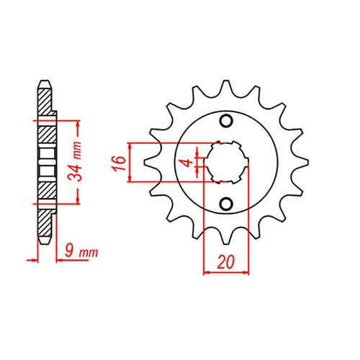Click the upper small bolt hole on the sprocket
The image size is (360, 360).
click(x=225, y=120)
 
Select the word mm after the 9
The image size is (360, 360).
click(x=89, y=253)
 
